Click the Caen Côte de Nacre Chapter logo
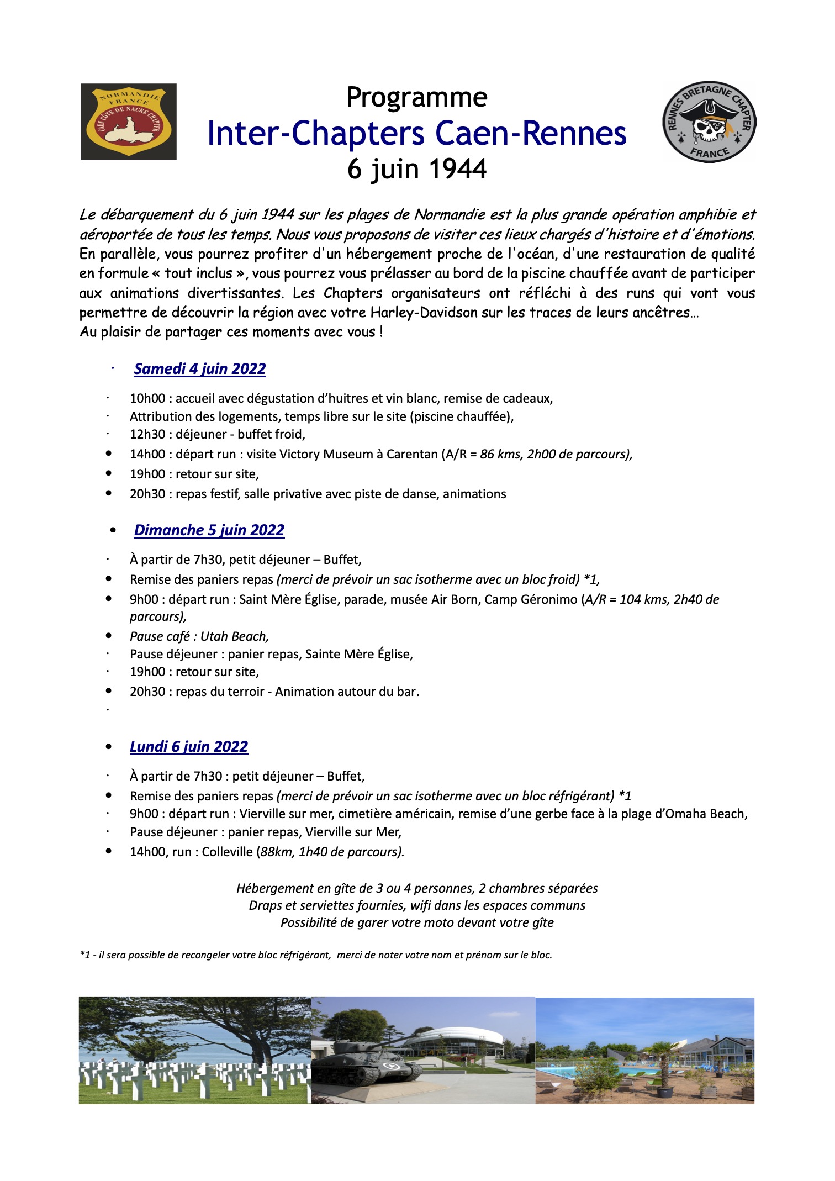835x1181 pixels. [129, 122]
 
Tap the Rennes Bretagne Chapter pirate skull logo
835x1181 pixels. [709, 122]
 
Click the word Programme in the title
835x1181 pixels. [417, 98]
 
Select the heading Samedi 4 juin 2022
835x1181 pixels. [199, 369]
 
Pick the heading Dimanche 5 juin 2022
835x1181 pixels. [209, 530]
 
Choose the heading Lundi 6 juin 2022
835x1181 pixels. [188, 747]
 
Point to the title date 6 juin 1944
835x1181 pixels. [417, 169]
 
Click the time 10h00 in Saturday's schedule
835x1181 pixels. [147, 399]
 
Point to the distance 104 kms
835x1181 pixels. [643, 600]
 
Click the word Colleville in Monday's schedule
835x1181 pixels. [227, 852]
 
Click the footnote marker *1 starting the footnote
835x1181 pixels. [85, 955]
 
